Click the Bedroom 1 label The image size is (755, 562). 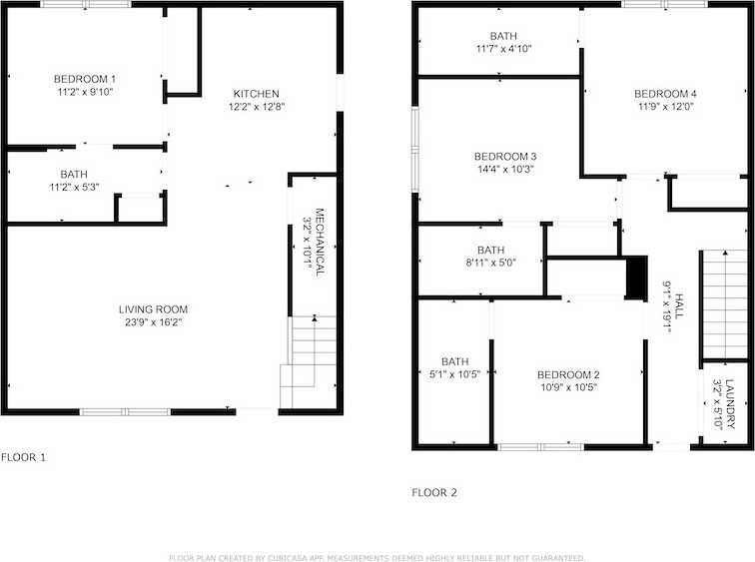(85, 79)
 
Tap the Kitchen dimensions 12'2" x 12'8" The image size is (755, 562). (258, 106)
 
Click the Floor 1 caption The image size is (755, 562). (23, 457)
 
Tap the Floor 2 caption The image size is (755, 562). (434, 492)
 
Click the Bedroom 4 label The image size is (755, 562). (665, 94)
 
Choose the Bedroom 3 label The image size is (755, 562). (505, 156)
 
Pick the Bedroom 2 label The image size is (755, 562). (567, 374)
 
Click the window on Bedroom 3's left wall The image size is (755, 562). (415, 148)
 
